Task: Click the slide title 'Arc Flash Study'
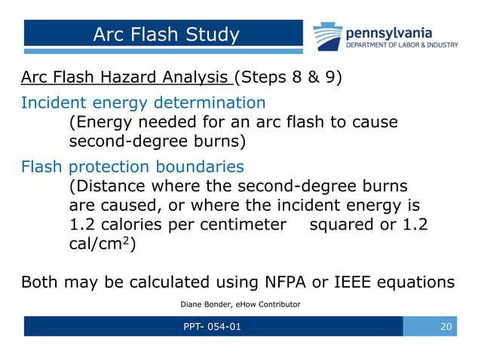point(165,35)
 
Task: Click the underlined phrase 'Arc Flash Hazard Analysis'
point(125,77)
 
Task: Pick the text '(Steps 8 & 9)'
point(288,77)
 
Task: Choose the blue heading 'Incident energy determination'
point(143,102)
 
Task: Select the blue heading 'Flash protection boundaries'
point(133,166)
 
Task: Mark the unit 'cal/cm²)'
point(102,244)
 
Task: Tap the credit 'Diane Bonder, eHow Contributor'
point(240,304)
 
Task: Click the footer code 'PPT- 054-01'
point(213,327)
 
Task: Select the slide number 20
point(445,327)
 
